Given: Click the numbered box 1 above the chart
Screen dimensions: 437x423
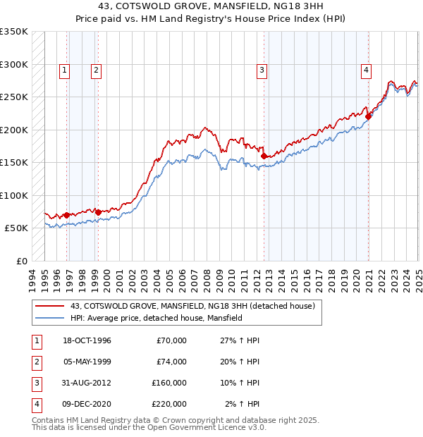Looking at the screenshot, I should coord(64,70).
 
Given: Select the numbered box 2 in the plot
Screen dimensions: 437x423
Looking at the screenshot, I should coord(95,70).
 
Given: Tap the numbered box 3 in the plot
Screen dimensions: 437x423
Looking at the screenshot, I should coord(262,70).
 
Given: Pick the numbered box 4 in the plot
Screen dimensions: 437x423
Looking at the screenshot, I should coord(367,70).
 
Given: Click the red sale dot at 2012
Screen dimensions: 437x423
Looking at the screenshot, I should coord(264,156).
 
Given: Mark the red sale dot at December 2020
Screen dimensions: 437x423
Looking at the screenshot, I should coord(369,117).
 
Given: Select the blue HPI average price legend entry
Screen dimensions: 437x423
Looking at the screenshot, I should coord(156,318).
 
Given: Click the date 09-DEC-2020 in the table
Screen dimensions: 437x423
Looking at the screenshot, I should coord(87,404).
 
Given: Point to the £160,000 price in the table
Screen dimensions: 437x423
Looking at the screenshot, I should coord(169,383).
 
